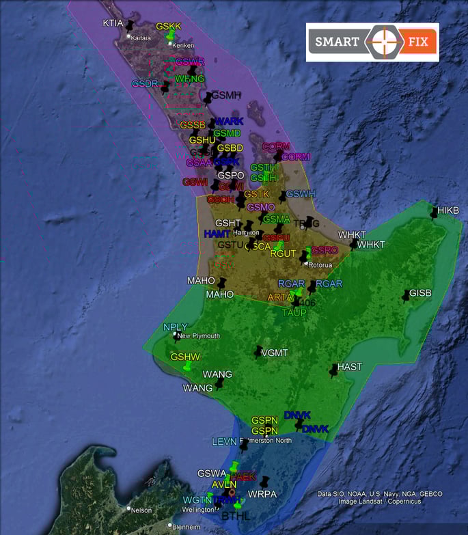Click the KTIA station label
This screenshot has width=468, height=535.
click(113, 23)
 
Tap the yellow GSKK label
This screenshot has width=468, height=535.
click(169, 27)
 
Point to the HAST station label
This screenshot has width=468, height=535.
click(350, 367)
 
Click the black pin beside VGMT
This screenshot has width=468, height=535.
click(258, 352)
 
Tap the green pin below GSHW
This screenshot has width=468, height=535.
click(186, 367)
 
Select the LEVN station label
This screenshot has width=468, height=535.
click(224, 442)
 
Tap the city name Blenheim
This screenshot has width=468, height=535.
click(186, 527)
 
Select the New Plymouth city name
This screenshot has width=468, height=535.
click(199, 336)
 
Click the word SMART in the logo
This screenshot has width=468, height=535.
click(337, 42)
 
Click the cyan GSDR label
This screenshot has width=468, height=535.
click(145, 83)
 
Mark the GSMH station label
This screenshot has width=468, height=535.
click(227, 96)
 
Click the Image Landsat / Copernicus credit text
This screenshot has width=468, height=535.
click(379, 502)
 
